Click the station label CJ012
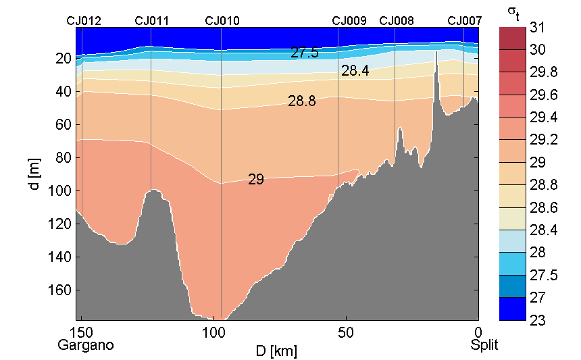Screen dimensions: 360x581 (x=84, y=21)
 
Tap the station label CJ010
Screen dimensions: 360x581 (x=222, y=21)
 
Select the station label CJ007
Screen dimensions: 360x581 (x=465, y=21)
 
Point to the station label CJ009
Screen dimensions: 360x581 (x=349, y=21)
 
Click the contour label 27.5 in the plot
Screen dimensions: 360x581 (x=304, y=53)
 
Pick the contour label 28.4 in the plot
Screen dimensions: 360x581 (x=355, y=70)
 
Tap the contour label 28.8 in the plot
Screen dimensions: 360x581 (x=301, y=102)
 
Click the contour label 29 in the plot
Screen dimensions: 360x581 (x=255, y=180)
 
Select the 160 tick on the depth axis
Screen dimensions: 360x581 (x=60, y=290)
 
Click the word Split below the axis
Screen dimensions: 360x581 (x=484, y=345)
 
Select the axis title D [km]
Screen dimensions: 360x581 (x=276, y=351)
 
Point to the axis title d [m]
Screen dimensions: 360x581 (x=35, y=174)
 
